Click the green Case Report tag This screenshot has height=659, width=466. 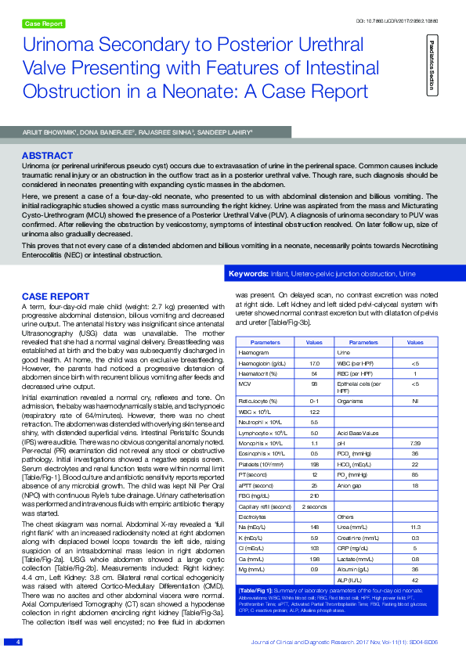44,24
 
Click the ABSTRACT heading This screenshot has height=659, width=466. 48,156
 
